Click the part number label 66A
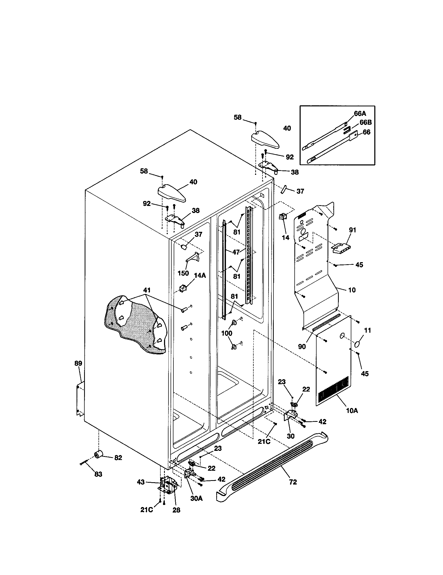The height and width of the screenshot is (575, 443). click(360, 114)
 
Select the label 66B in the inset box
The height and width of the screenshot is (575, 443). click(365, 122)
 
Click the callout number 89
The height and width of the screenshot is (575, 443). click(78, 363)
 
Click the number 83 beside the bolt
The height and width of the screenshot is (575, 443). click(98, 474)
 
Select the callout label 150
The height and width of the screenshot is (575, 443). click(183, 273)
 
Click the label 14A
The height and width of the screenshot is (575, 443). click(200, 275)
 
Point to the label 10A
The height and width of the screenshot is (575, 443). click(352, 410)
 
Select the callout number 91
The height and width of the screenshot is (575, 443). click(352, 230)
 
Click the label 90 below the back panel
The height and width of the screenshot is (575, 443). click(302, 347)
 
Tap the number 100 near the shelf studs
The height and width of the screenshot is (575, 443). click(226, 333)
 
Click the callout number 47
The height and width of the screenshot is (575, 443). click(236, 252)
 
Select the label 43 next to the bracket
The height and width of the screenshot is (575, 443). click(141, 482)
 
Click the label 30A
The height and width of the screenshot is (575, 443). click(196, 498)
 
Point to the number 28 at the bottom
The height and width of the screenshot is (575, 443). click(176, 510)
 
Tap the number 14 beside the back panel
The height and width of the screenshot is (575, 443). click(285, 238)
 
